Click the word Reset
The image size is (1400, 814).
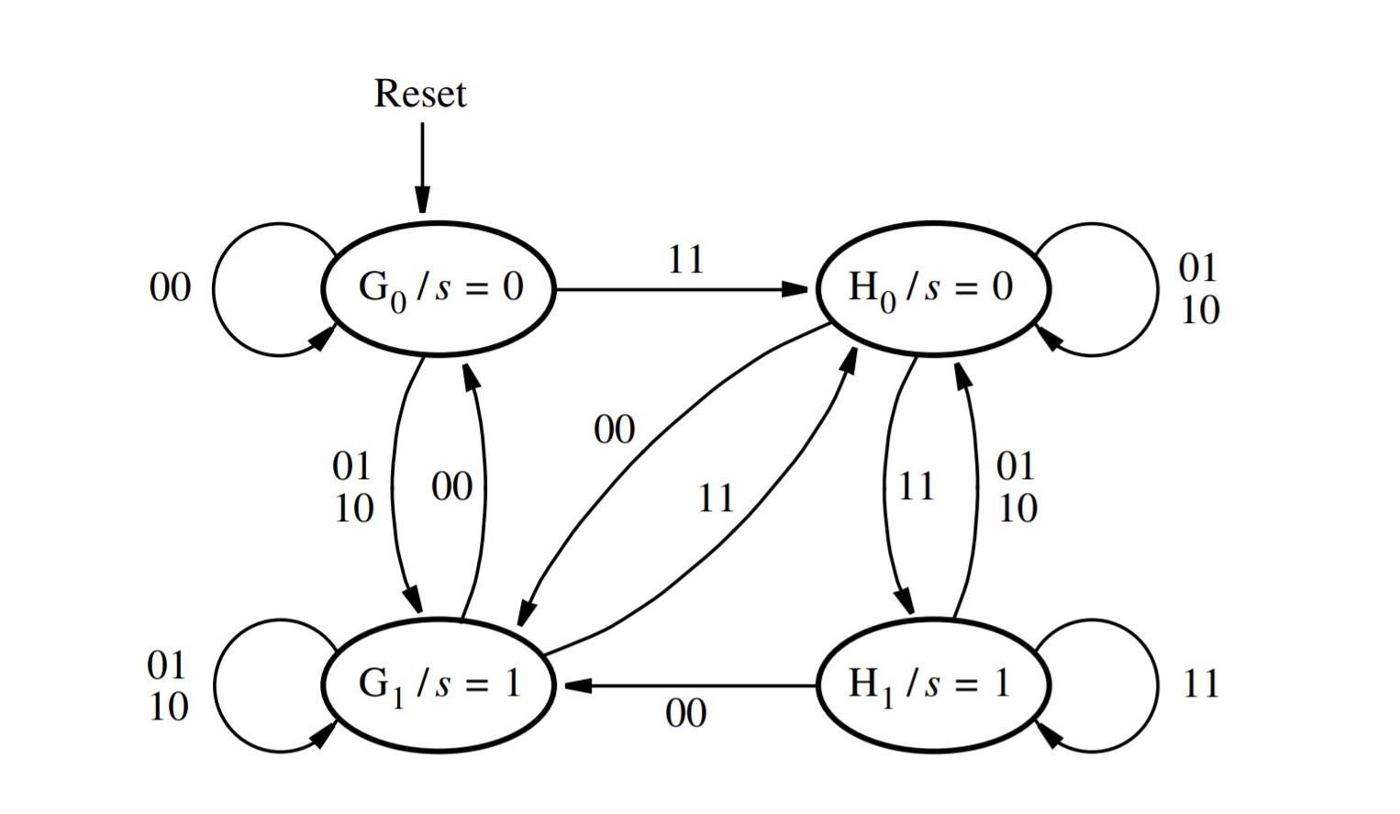pos(420,94)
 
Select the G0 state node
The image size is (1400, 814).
pos(439,288)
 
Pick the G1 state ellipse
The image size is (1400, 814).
pos(439,685)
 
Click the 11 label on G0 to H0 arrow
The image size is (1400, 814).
pos(685,261)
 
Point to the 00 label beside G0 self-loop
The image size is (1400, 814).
pos(170,288)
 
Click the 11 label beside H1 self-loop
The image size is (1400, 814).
pos(1201,685)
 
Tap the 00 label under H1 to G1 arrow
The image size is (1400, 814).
pos(685,714)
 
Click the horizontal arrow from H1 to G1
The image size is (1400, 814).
pos(688,686)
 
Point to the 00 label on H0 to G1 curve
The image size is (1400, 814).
pos(614,429)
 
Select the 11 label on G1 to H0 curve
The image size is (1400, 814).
pos(716,499)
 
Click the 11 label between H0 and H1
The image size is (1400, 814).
pos(916,487)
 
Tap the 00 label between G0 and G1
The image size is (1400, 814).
pos(451,487)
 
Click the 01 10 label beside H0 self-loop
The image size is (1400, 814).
pos(1199,289)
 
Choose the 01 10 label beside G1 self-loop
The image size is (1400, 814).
pos(168,686)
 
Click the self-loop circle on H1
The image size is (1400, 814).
pos(1151,685)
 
